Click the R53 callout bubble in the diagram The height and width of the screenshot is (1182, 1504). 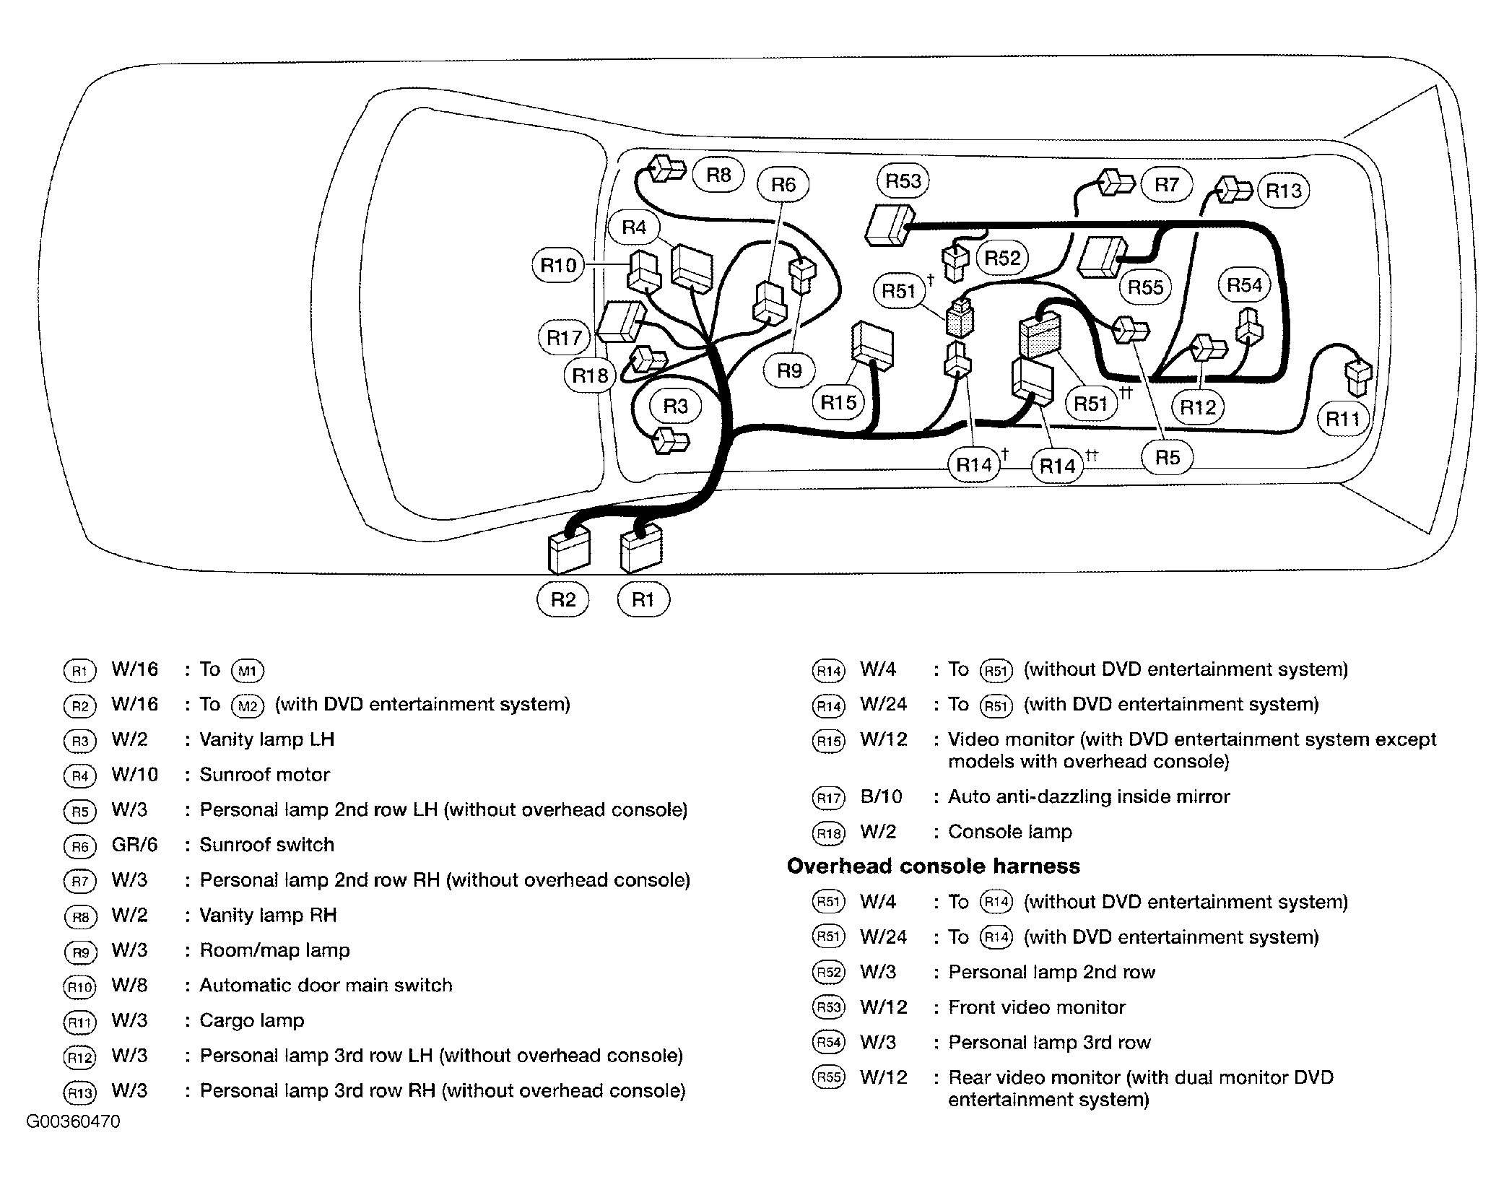tap(903, 181)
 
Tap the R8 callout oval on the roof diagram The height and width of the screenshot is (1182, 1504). tap(718, 175)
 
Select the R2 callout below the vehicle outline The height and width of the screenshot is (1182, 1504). tap(563, 599)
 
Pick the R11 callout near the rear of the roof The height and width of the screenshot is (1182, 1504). tap(1343, 418)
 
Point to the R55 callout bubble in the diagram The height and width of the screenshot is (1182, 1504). tap(1146, 287)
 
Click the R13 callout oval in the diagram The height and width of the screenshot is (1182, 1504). tap(1283, 191)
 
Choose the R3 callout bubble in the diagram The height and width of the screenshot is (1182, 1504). tap(676, 406)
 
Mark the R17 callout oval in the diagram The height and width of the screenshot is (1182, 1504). tap(564, 337)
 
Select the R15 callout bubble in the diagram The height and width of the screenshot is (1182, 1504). tap(838, 402)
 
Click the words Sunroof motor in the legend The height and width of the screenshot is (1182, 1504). tap(264, 775)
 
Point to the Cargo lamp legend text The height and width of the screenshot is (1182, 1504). tap(252, 1020)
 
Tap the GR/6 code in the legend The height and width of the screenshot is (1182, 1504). tap(134, 845)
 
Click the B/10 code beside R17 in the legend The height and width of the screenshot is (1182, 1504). tap(882, 796)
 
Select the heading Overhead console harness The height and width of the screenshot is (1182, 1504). tap(933, 866)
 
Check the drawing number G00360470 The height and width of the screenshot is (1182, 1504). tap(74, 1121)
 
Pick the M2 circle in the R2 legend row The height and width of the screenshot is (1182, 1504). tap(248, 705)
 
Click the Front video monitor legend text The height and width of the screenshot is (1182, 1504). tap(1037, 1007)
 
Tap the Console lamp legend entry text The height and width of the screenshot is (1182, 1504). tap(1010, 832)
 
